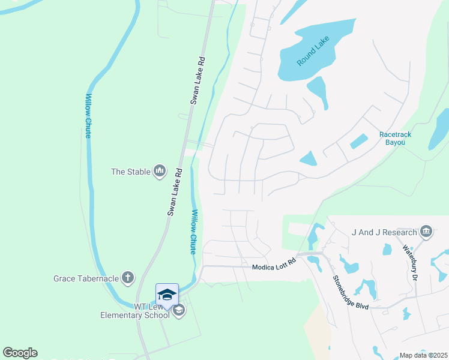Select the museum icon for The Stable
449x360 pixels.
[159, 172]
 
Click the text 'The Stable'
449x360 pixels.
[130, 172]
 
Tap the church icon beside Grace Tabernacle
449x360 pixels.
[127, 278]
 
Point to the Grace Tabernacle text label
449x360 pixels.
[86, 278]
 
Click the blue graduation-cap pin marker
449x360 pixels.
[167, 295]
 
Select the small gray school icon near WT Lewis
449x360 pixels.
[178, 310]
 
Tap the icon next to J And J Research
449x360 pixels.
[426, 232]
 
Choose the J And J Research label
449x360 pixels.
[385, 232]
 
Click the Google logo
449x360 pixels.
[20, 352]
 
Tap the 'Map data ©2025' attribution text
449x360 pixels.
[423, 355]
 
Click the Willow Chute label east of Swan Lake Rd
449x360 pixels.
[193, 232]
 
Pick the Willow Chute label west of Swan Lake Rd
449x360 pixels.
[88, 116]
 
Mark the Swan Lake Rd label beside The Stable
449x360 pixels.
[175, 192]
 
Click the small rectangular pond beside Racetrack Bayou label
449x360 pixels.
[358, 142]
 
